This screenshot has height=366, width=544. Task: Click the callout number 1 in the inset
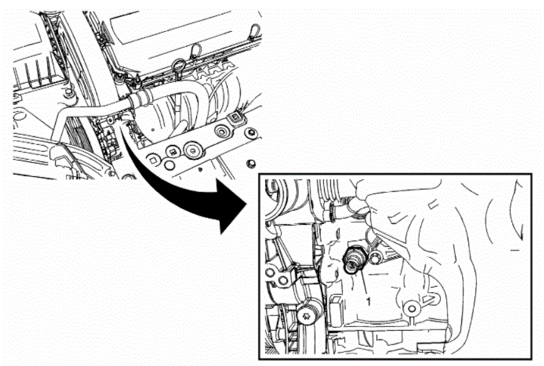pos(369,301)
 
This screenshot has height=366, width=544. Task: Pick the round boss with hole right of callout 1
pos(412,308)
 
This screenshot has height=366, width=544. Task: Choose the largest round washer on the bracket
pos(192,150)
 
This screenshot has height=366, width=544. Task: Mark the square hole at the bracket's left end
pos(154,160)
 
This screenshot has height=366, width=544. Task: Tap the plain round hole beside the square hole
pos(169,165)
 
